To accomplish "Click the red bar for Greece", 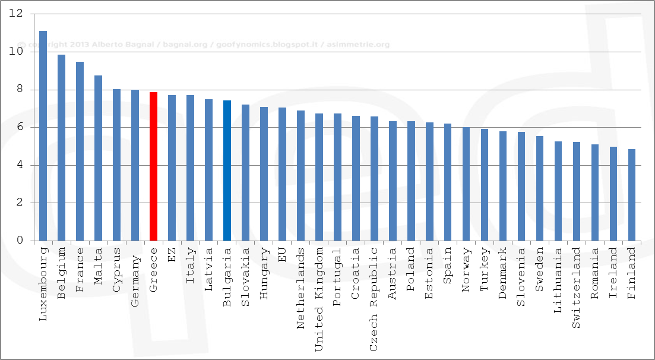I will (x=153, y=166).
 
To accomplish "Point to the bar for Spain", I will (x=448, y=182).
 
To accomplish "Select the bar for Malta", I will (x=98, y=158).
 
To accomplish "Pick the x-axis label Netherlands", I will (x=300, y=279).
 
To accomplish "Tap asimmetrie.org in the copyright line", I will (x=359, y=45).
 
